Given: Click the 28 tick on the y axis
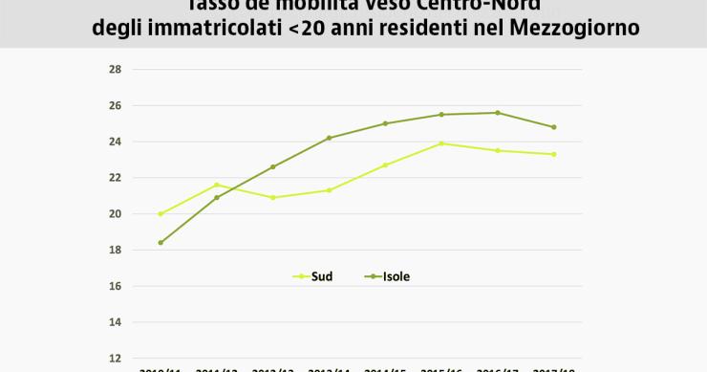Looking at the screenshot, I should click(115, 69).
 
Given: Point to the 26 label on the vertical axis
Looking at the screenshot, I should click(115, 105).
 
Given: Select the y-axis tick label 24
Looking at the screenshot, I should click(115, 142).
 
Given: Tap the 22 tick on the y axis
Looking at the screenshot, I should click(115, 178).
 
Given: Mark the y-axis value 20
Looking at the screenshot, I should click(115, 214).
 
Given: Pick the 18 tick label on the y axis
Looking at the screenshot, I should click(115, 251).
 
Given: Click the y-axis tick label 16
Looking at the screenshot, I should click(115, 286).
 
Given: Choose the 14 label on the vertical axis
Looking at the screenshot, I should click(115, 322).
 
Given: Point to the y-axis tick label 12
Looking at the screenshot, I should click(115, 359).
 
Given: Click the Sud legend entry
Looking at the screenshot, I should click(321, 276).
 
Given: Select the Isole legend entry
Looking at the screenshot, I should click(396, 276).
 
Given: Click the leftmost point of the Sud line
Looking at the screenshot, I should click(161, 214).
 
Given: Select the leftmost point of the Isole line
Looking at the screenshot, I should click(161, 243).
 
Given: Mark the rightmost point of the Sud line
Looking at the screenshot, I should click(553, 154).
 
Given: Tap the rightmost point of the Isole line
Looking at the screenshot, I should click(553, 127).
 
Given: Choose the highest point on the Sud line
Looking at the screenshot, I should click(440, 143).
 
